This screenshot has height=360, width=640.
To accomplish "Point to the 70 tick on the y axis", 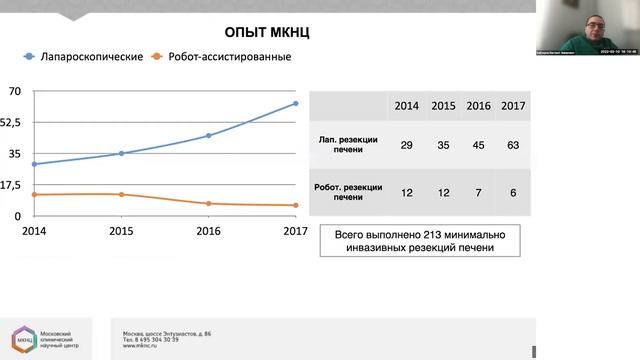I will [14, 91].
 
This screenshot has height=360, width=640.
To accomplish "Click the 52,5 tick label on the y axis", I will [12, 122].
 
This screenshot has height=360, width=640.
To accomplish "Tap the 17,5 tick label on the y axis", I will [12, 184].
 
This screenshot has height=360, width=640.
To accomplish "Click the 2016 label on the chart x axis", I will [209, 231].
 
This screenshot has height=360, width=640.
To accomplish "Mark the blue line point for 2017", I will [296, 103].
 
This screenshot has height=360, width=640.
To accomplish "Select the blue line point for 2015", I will [122, 153].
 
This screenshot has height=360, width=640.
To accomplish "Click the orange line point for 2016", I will [209, 203].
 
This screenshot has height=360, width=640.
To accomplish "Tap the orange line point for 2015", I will [122, 194].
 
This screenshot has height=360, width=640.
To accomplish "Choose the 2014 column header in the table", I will [406, 106].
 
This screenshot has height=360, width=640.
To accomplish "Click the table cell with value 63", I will [512, 145].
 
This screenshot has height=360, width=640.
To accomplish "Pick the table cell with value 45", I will [477, 145].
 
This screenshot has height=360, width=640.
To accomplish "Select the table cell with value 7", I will [477, 192].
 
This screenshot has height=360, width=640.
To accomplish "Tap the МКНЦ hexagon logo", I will [21, 339].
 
